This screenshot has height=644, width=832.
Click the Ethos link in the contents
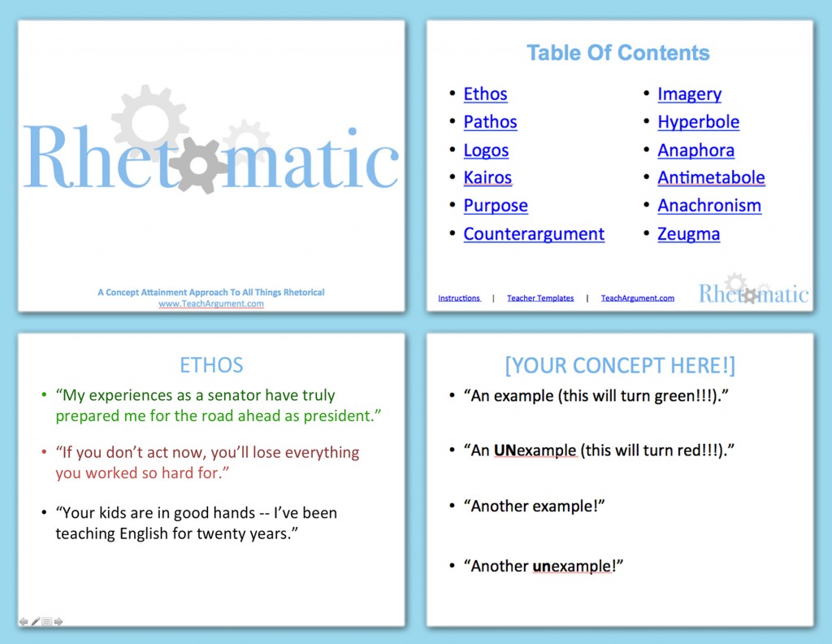(485, 94)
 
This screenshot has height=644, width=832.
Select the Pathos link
(490, 122)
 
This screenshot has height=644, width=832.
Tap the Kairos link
(487, 178)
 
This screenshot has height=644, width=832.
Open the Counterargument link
(534, 234)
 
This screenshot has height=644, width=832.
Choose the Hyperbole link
(698, 122)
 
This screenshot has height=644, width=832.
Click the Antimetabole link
(711, 178)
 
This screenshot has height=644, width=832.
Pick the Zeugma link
(688, 234)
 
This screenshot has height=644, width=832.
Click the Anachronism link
(709, 206)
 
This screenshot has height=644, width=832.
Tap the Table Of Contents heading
(617, 53)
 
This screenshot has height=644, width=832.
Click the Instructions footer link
(459, 298)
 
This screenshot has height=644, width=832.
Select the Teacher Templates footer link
(540, 298)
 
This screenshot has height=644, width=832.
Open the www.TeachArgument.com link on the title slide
(211, 304)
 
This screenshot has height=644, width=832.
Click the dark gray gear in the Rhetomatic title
(197, 165)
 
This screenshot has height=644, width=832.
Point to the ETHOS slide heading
(211, 365)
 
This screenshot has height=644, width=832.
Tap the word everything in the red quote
(319, 452)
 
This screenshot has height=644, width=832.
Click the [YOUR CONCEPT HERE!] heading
(619, 366)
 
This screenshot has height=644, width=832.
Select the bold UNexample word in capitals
(535, 450)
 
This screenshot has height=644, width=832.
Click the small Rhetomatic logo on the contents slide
(753, 291)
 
